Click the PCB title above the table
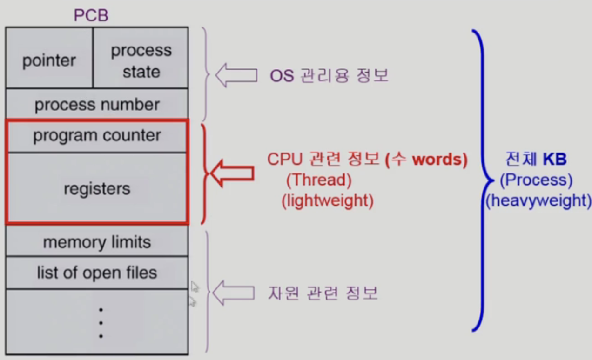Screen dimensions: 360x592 [x=91, y=15]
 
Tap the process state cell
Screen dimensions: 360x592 [x=141, y=61]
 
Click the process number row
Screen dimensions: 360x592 [x=97, y=105]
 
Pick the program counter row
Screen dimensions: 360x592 [x=97, y=136]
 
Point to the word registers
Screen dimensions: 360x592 [x=97, y=189]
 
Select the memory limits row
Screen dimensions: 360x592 [x=97, y=242]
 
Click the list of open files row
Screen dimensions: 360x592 [x=97, y=273]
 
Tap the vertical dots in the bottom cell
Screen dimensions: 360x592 [x=101, y=322]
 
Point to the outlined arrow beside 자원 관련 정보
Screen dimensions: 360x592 [x=233, y=293]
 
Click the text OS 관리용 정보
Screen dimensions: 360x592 [x=329, y=75]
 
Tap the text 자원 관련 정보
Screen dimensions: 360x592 [x=323, y=293]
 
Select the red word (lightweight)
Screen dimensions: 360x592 [x=327, y=201]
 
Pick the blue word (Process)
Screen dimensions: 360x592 [x=536, y=180]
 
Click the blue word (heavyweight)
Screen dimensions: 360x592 [x=538, y=201]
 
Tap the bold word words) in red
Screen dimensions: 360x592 [x=440, y=159]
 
